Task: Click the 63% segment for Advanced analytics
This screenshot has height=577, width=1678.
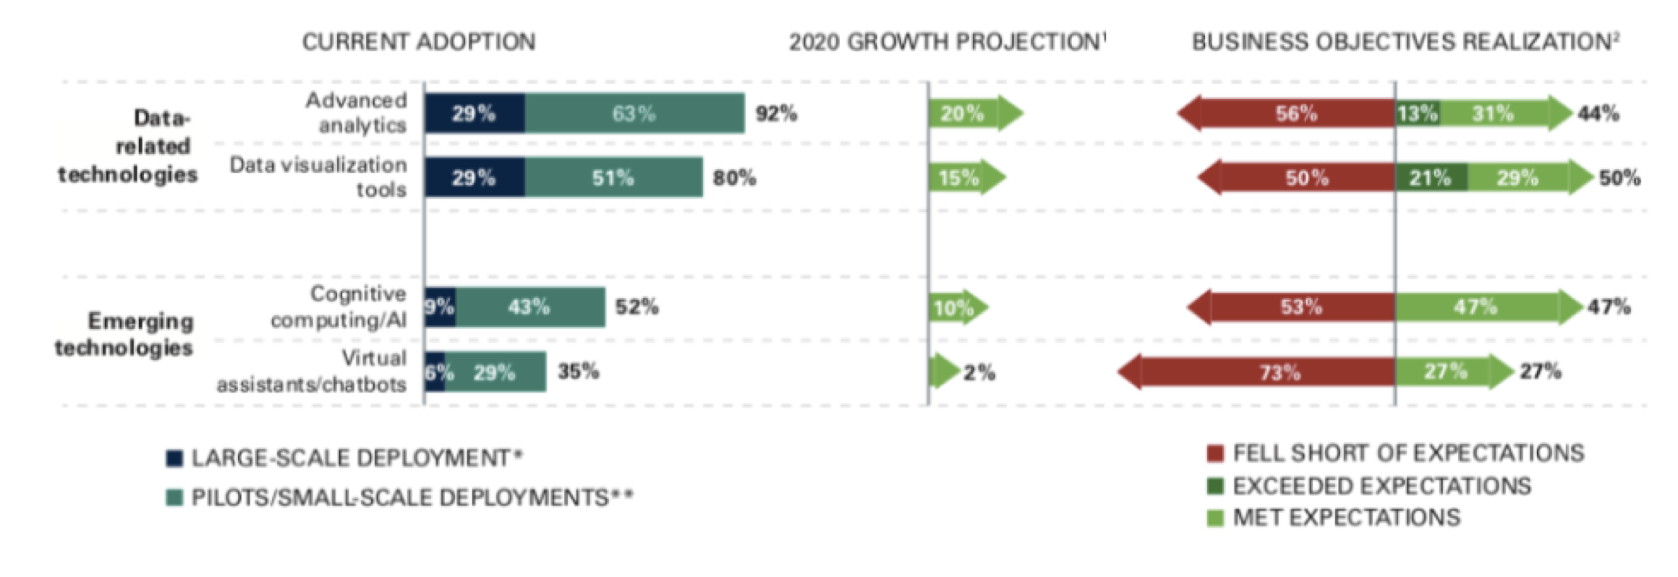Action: tap(634, 114)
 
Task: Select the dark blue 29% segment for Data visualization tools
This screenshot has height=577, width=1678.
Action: tap(474, 177)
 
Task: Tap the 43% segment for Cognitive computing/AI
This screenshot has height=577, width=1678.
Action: tap(530, 307)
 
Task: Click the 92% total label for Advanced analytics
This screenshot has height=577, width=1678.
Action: tap(776, 114)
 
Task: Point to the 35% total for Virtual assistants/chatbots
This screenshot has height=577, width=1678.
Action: tap(578, 372)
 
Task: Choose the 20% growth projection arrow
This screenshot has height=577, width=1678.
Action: tap(976, 114)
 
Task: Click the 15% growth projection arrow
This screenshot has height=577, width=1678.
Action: tap(967, 177)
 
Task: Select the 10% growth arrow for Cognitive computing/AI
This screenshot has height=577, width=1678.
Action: tap(959, 307)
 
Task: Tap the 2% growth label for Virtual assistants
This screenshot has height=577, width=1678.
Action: tap(979, 373)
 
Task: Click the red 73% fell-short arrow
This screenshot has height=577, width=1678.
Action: tap(1256, 372)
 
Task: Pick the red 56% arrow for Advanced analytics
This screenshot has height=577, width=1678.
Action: tap(1286, 114)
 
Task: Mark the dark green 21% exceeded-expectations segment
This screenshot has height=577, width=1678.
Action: tap(1431, 177)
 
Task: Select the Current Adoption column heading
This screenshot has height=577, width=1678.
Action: tap(419, 42)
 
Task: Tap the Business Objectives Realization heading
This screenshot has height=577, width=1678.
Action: tap(1405, 42)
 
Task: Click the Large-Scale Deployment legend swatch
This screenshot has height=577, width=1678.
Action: tap(174, 458)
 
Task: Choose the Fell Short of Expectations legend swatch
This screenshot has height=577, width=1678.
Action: tap(1215, 453)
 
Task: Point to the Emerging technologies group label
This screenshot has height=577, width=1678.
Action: tap(124, 334)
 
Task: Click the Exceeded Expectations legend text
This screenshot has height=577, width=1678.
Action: tap(1382, 486)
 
